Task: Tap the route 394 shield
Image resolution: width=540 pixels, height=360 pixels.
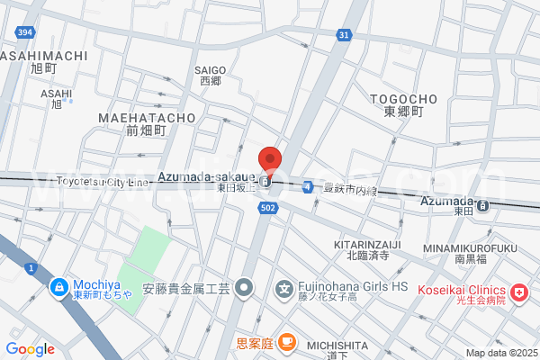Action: point(24,33)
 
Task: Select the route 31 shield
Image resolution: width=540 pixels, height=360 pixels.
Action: point(344,34)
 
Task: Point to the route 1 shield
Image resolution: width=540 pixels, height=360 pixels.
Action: point(31,268)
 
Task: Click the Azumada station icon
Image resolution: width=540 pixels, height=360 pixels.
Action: point(483,205)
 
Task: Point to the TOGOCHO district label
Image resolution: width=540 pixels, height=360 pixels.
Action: point(403,99)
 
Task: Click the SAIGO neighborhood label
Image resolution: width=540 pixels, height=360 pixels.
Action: point(209,69)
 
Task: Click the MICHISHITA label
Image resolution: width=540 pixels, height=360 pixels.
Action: point(337,346)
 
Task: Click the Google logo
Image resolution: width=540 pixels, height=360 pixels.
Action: point(30,349)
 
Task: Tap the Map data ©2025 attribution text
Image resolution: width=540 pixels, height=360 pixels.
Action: point(500,353)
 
